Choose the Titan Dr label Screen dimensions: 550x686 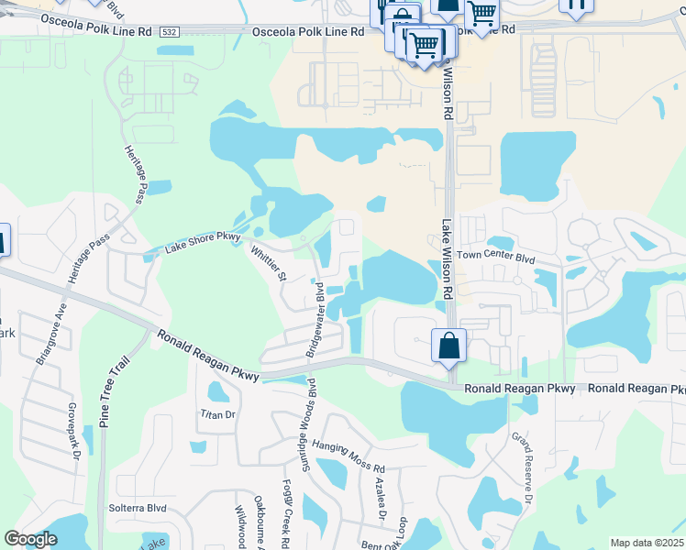point(218,414)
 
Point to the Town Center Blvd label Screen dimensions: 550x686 point(495,258)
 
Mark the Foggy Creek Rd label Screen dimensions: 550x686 point(287,513)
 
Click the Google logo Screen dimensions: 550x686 point(30,539)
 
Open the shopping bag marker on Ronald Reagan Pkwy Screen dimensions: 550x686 point(448,347)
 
